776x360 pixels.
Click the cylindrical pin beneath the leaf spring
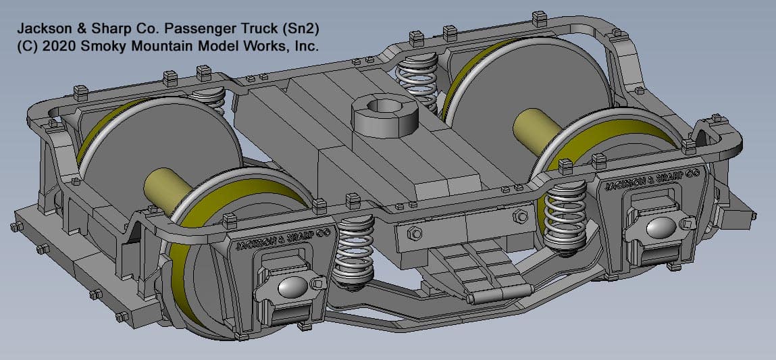pos(498,294)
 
